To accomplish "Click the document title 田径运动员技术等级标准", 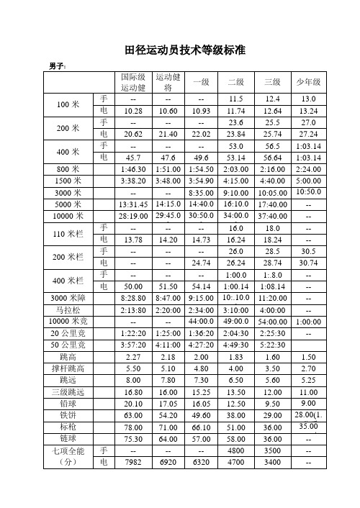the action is click(185, 50).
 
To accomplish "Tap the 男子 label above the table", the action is click(57, 66).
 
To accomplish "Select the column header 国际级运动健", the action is click(132, 82).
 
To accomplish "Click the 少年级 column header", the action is click(309, 82).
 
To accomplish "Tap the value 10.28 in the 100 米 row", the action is click(132, 110).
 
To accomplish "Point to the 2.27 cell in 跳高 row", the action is click(132, 356).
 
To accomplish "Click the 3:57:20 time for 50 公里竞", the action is click(132, 344).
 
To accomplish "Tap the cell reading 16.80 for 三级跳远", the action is click(132, 391).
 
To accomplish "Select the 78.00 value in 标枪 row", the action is click(132, 427).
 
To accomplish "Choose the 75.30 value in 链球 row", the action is click(132, 438).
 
